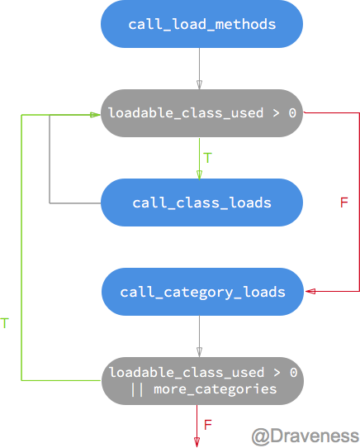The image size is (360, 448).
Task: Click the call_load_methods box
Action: (201, 24)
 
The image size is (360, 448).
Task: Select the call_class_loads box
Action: (201, 203)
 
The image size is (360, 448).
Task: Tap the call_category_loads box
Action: (202, 292)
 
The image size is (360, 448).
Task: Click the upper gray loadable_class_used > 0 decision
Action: (201, 113)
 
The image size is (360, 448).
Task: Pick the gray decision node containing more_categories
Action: (202, 381)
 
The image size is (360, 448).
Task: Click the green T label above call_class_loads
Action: (207, 158)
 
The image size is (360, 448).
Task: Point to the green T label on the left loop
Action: (5, 323)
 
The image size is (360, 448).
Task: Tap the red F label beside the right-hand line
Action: (344, 203)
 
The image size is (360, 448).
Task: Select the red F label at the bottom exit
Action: (208, 425)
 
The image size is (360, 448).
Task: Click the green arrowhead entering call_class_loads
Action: (199, 174)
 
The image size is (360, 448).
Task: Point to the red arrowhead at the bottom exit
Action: (197, 441)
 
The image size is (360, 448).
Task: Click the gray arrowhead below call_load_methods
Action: (199, 84)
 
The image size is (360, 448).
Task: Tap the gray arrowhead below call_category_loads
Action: (199, 353)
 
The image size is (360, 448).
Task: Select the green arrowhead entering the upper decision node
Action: (96, 114)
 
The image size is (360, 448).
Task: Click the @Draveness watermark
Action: (305, 436)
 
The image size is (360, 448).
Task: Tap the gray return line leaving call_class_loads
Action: (50, 165)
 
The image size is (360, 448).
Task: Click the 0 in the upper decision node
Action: (292, 113)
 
